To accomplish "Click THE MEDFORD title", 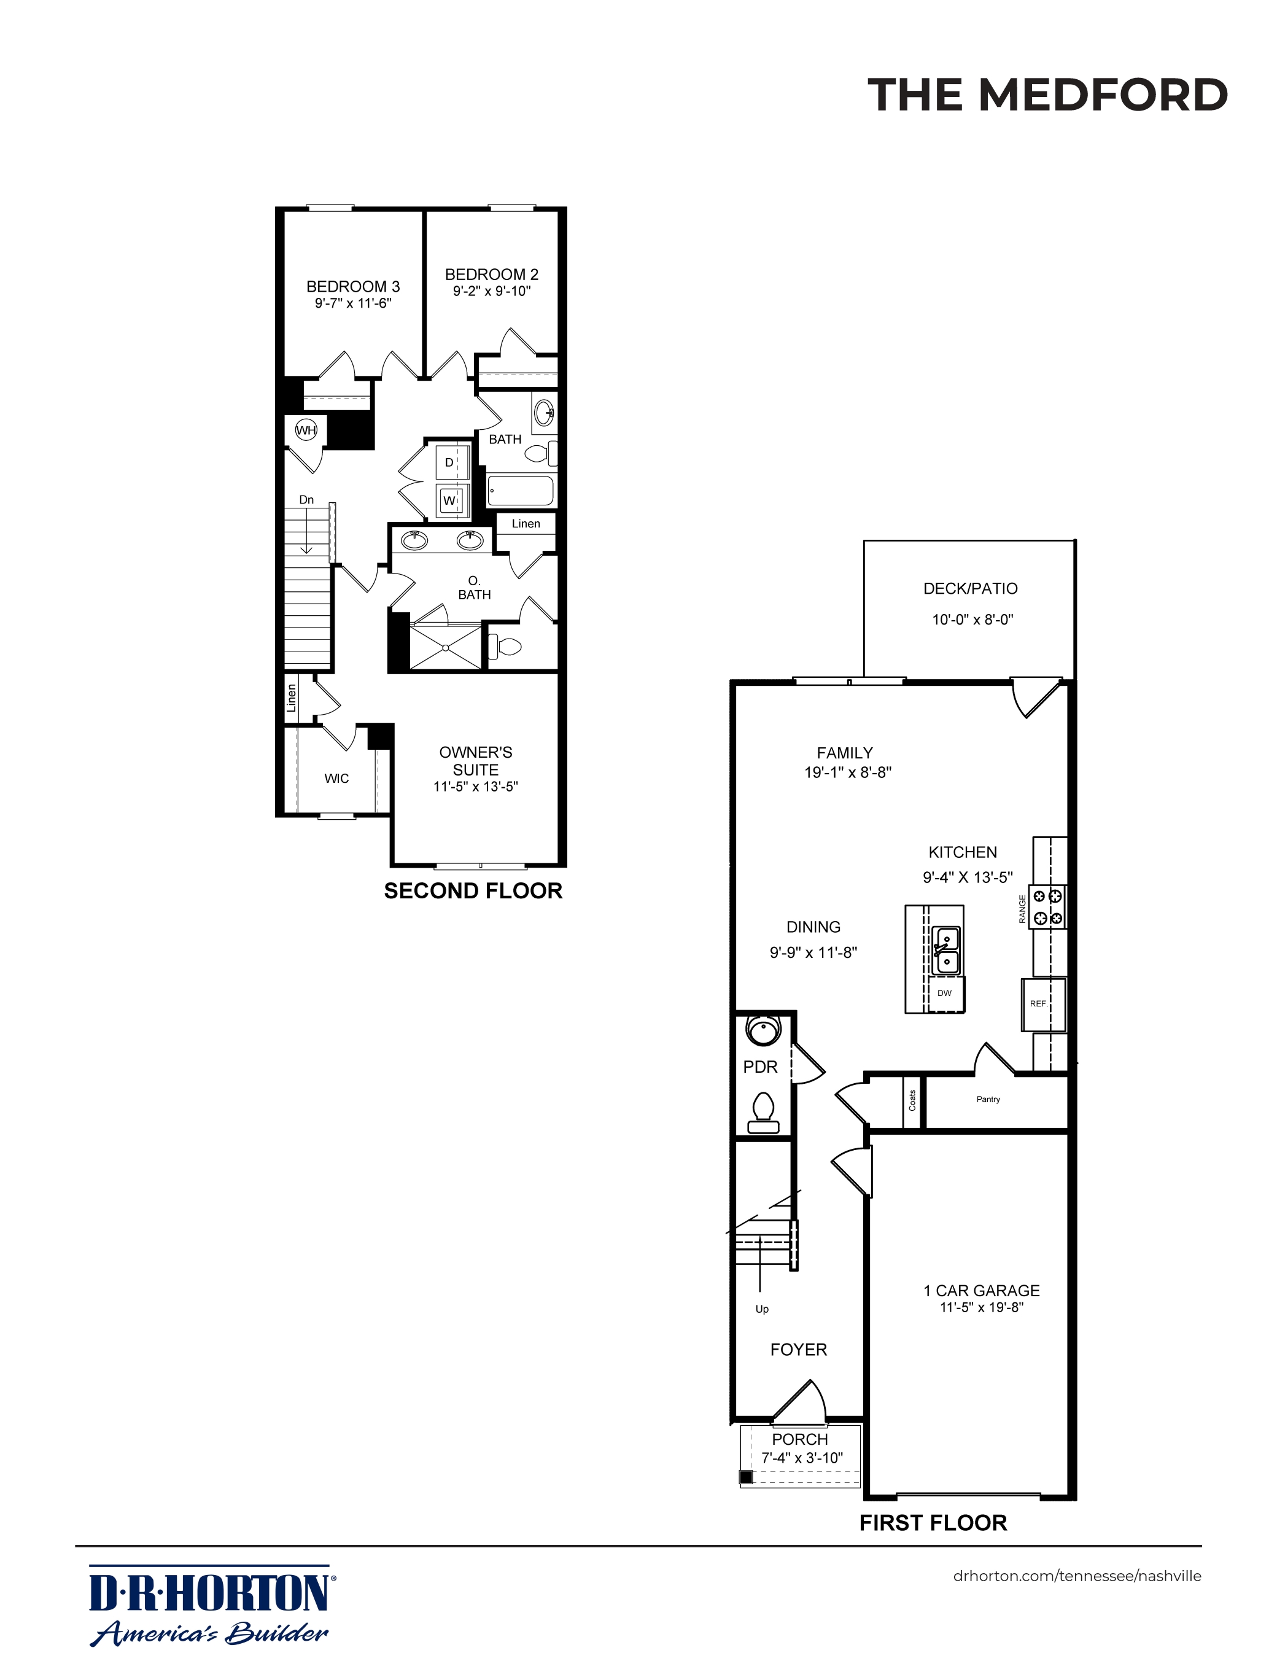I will click(1047, 95).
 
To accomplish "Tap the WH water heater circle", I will click(306, 430).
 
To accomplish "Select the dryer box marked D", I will click(449, 462).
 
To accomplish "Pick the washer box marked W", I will click(449, 500).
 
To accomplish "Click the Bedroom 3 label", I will click(353, 287).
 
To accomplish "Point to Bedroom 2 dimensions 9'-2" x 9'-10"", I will click(492, 292).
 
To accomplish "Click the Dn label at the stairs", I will click(306, 500).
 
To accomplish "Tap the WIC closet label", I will click(337, 778).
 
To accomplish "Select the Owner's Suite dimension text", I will click(475, 787).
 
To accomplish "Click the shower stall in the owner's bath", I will click(446, 647).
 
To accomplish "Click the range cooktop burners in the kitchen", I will click(1049, 908).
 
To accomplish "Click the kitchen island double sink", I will click(945, 951).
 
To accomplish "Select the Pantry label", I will click(988, 1099).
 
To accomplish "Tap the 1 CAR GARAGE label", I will click(981, 1291).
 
